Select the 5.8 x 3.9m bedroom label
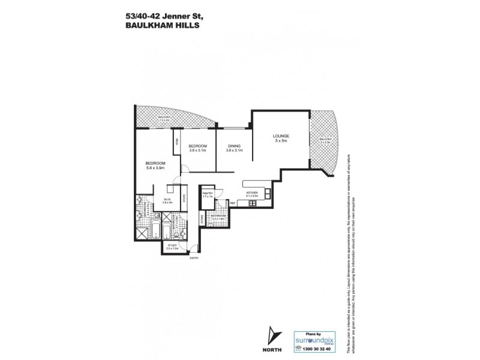[155, 164]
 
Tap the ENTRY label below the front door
[193, 259]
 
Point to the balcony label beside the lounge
[325, 140]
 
